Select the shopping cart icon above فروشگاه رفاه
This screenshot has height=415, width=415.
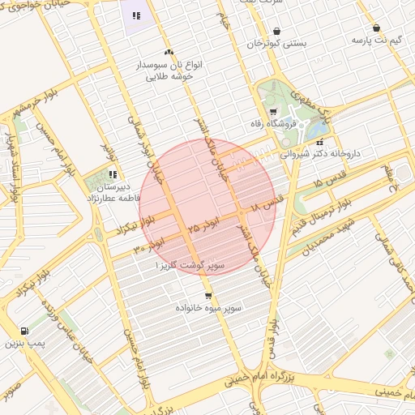tap(273, 113)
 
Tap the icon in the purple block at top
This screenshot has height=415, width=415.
tap(136, 15)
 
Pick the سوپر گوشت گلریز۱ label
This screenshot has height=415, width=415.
tap(192, 265)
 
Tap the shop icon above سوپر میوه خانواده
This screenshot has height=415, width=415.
tap(208, 296)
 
